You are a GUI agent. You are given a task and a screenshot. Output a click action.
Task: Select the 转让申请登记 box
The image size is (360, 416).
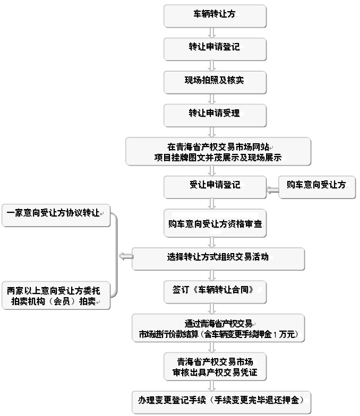coord(215,48)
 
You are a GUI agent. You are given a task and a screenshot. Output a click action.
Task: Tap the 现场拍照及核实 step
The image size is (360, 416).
coord(215,81)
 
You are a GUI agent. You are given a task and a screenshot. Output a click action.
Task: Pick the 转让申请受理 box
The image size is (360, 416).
coord(215,114)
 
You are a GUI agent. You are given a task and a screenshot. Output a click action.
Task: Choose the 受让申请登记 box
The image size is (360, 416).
coord(215,186)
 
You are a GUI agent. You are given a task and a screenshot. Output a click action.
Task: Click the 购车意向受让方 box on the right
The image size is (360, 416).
coord(316,186)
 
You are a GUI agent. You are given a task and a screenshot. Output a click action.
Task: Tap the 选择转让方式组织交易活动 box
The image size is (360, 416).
coord(218,257)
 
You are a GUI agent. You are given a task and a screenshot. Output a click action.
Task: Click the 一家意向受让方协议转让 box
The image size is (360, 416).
coord(55,214)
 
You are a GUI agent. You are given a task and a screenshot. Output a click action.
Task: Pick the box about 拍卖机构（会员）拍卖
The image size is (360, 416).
coord(55,296)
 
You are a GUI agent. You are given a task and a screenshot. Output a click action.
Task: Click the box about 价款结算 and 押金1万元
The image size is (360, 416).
coord(218,328)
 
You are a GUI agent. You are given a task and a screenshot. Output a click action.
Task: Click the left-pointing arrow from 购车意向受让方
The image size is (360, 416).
coord(272,189)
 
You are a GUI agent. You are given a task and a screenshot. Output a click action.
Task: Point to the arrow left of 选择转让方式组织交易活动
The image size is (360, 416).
coord(126,257)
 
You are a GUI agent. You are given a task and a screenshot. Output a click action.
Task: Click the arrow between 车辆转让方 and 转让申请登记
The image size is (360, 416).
coord(212,32)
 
